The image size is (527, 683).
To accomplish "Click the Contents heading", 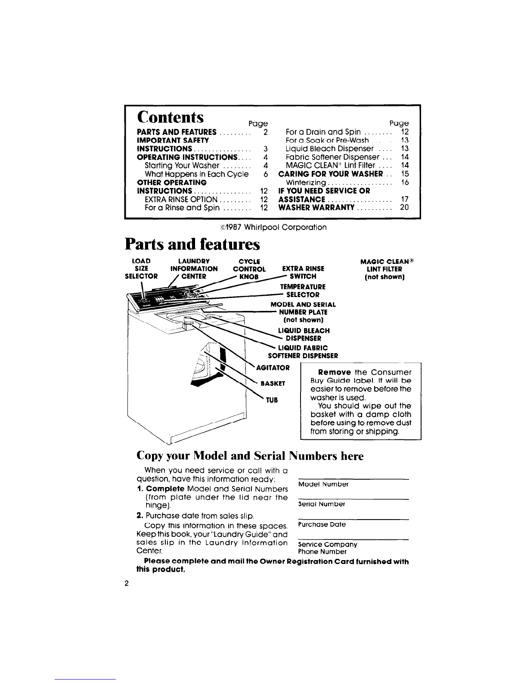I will (170, 117).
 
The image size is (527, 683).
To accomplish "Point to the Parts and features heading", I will (192, 244).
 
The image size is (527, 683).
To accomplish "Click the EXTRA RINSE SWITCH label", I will (303, 272).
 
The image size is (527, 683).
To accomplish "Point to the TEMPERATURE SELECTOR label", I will (303, 291).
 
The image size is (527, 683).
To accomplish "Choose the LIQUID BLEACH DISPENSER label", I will (304, 334).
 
